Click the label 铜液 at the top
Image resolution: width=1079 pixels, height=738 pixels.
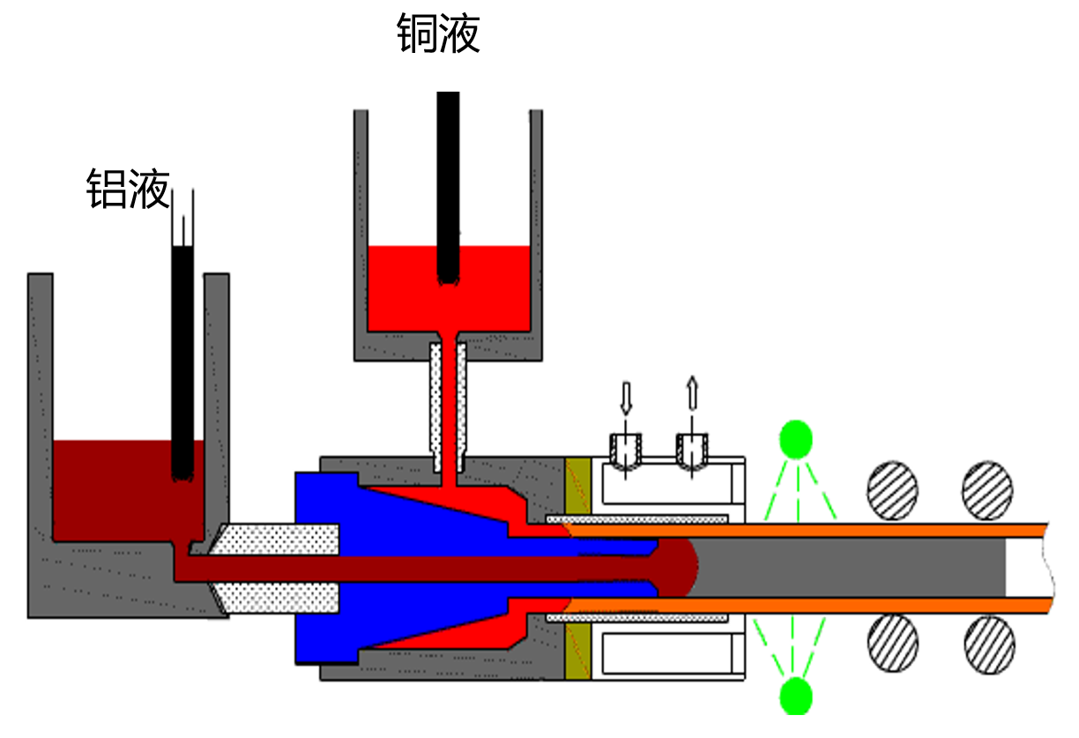(x=438, y=34)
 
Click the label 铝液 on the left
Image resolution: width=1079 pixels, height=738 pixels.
(x=128, y=189)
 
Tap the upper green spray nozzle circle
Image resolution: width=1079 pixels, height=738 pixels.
(x=796, y=438)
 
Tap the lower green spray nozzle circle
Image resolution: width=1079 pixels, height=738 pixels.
(x=796, y=695)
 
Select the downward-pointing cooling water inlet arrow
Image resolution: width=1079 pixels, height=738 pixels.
(x=626, y=397)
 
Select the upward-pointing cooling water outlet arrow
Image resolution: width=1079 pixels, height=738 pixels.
(x=692, y=393)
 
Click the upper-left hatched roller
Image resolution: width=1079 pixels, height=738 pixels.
(x=892, y=490)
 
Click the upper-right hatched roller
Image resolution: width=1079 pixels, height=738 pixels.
(x=987, y=490)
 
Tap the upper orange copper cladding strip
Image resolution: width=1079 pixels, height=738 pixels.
(x=811, y=529)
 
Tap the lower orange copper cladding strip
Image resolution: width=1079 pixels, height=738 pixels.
(x=811, y=605)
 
